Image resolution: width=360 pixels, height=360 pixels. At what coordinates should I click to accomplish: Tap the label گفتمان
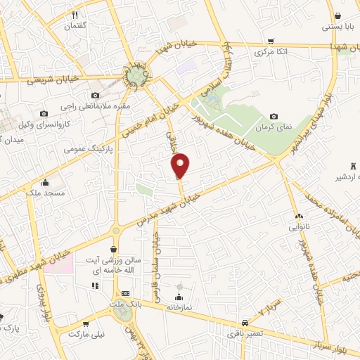pos(75,26)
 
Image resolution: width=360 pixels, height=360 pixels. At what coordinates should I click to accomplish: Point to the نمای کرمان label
pos(274,129)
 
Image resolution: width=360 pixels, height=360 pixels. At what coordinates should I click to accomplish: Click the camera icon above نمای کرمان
pos(274,117)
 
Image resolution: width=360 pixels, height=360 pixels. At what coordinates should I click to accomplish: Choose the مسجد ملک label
pos(45,192)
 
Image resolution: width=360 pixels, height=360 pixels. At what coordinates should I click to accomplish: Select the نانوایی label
pos(299,228)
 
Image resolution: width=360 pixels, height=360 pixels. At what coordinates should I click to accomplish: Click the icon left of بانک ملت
pos(126,293)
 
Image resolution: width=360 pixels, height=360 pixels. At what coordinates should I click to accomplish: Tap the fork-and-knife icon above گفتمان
pos(75,14)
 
